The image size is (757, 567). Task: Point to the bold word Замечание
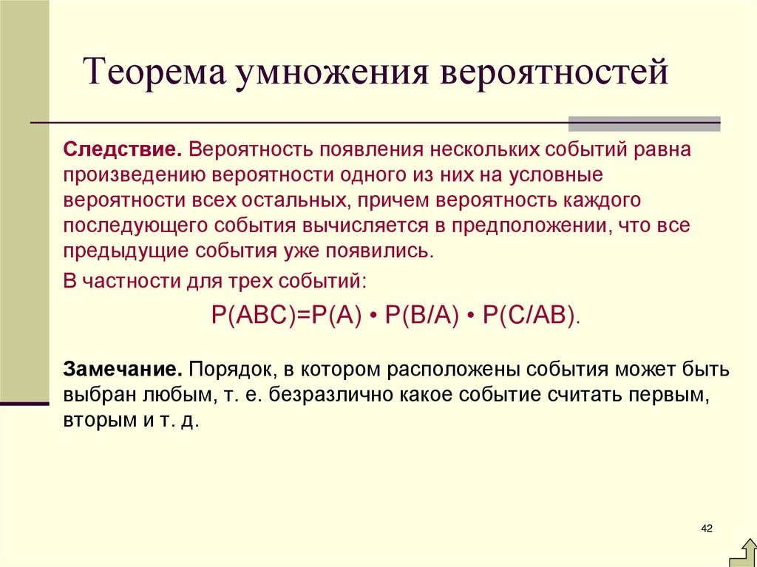point(124,368)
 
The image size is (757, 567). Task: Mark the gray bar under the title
point(644,123)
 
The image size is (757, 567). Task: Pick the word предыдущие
point(126,251)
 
